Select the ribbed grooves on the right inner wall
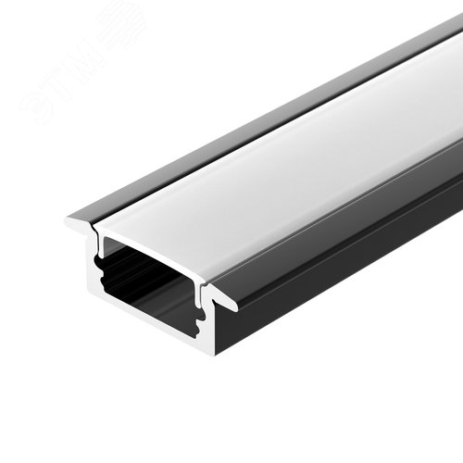[x=200, y=319]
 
